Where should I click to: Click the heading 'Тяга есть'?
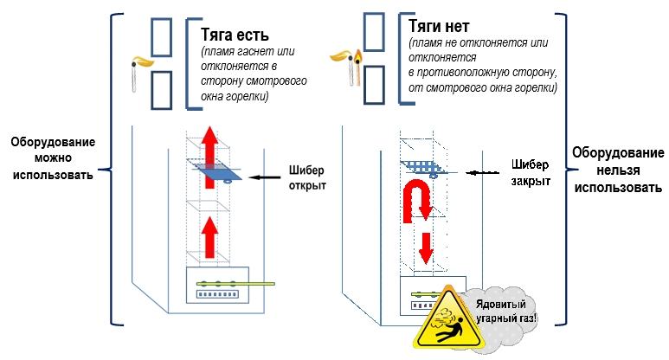pos(235,35)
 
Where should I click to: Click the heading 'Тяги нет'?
pos(439,27)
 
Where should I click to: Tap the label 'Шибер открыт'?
pos(306,178)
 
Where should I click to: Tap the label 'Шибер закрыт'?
pos(531,172)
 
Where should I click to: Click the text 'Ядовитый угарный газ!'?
pos(505,311)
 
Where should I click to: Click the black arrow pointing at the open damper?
pos(265,177)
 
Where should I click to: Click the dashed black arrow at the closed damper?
pos(482,173)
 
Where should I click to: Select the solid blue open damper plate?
pos(214,169)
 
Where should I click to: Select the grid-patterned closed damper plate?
pos(423,167)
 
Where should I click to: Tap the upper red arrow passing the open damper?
pos(209,157)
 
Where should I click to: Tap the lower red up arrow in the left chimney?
pos(209,237)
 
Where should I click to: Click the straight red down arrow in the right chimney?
pos(426,248)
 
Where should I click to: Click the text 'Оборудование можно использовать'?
pos(53,157)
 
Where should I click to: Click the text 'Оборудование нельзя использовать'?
pos(618,170)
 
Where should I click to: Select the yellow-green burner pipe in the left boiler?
pos(235,284)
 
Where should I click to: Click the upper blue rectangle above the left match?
pos(161,37)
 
